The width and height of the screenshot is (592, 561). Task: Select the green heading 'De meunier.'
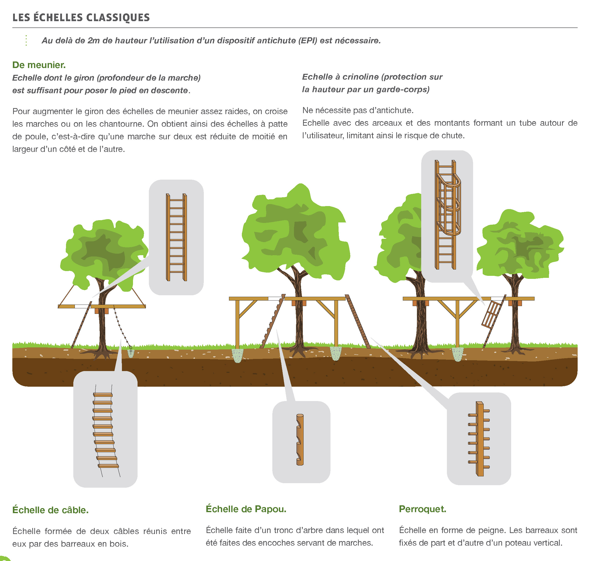(x=39, y=65)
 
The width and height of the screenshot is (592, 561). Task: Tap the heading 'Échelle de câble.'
(x=50, y=510)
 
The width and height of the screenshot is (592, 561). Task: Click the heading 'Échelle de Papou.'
(x=246, y=509)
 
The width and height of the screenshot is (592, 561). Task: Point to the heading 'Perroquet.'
(x=422, y=509)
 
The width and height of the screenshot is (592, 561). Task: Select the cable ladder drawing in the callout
(x=105, y=431)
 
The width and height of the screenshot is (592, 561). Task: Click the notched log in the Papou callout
(x=300, y=440)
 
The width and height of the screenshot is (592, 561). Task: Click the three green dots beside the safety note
(x=26, y=40)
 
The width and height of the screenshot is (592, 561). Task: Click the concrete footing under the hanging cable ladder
(x=131, y=353)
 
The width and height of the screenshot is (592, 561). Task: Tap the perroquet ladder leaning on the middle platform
(x=357, y=321)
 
